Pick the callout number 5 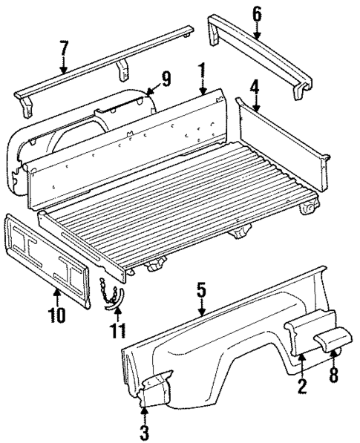point(200,289)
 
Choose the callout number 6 point(257,13)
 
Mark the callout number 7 point(64,49)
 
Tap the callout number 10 point(56,314)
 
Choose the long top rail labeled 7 point(104,67)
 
